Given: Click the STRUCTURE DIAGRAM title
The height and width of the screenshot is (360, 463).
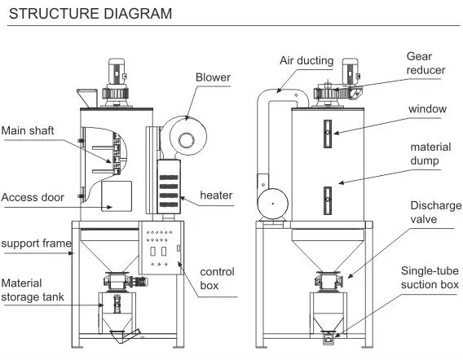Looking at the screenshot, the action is (x=90, y=14).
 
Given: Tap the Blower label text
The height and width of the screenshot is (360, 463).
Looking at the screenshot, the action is (x=213, y=77).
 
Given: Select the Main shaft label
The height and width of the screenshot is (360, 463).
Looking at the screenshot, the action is (x=28, y=130).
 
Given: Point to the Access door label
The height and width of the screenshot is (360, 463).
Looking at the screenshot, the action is (x=33, y=197).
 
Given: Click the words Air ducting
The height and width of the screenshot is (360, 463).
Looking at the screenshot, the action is (x=306, y=61).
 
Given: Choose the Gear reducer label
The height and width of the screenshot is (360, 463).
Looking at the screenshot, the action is (x=426, y=64).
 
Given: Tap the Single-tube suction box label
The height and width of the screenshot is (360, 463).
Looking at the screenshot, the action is (x=430, y=278).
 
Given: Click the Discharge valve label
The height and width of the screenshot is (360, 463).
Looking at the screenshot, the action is (x=436, y=212).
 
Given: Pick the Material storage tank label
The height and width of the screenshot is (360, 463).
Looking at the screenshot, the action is (x=33, y=290).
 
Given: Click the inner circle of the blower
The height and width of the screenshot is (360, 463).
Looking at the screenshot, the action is (x=187, y=140).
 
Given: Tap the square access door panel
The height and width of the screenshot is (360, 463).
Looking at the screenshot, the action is (x=117, y=196).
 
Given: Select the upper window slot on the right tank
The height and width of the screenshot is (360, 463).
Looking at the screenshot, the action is (x=328, y=134).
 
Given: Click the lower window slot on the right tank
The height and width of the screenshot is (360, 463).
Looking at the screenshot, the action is (x=328, y=200).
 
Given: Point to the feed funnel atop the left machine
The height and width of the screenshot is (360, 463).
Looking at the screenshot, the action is (x=87, y=98).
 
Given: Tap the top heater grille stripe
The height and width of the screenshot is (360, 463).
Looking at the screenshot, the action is (x=169, y=178).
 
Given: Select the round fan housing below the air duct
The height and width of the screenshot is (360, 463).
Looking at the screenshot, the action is (x=272, y=204).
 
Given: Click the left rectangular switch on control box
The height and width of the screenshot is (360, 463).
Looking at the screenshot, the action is (x=152, y=252).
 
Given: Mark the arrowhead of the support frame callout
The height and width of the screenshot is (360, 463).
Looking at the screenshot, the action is (x=71, y=252).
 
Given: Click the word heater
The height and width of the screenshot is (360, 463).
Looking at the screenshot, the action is (x=216, y=195).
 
